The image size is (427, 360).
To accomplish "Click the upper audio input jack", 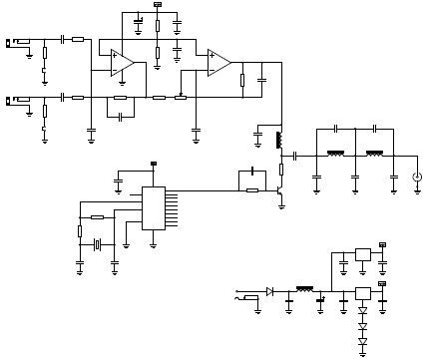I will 18,43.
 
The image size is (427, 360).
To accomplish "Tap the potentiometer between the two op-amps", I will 181,98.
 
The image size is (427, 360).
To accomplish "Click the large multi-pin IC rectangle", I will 153,208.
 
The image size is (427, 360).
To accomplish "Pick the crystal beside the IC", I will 98,244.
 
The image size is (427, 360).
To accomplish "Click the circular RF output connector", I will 417,177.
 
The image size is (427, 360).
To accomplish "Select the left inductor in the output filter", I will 335,155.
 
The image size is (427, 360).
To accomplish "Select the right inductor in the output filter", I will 374,155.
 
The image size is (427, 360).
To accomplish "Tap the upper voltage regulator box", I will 363,254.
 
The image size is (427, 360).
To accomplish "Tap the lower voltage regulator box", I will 363,293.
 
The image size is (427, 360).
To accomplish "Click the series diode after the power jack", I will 270,291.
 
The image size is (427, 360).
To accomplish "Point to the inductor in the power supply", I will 304,290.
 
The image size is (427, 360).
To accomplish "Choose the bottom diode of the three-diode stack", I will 363,342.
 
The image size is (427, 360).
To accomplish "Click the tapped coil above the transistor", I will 279,139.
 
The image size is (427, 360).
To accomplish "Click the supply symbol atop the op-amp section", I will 158,5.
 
